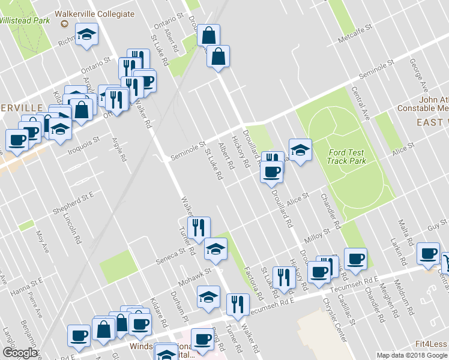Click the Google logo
click(x=20, y=353)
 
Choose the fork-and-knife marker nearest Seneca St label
click(x=198, y=228)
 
